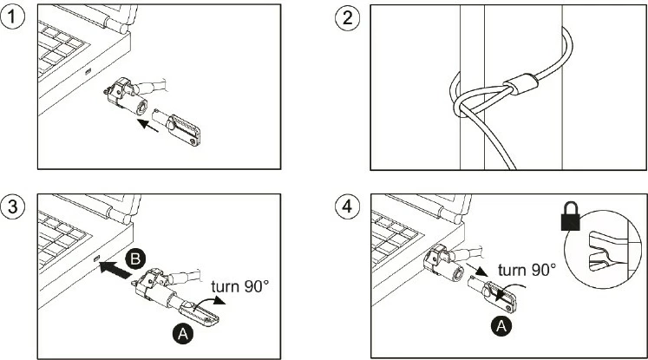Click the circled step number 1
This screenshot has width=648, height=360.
point(13,17)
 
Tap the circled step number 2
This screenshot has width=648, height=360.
point(347,17)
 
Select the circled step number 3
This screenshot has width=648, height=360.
point(13,206)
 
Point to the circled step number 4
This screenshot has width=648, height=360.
point(347,206)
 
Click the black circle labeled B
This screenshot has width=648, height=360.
point(135,259)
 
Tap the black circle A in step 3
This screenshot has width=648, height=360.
point(183,334)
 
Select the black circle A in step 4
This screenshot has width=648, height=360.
point(501,326)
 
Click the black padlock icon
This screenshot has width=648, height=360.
point(571,216)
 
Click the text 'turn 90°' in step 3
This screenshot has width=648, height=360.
point(239,286)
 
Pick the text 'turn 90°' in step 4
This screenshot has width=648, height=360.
point(527,270)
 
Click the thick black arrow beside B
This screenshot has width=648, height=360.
point(117,270)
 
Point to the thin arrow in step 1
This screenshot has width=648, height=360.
point(147,126)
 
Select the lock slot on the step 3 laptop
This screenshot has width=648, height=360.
point(97,259)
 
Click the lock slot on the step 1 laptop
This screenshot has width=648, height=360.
point(88,72)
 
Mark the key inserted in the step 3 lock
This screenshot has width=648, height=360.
point(194,313)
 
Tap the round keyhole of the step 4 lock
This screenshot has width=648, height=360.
point(457,273)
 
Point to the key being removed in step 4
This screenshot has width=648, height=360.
point(493,293)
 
